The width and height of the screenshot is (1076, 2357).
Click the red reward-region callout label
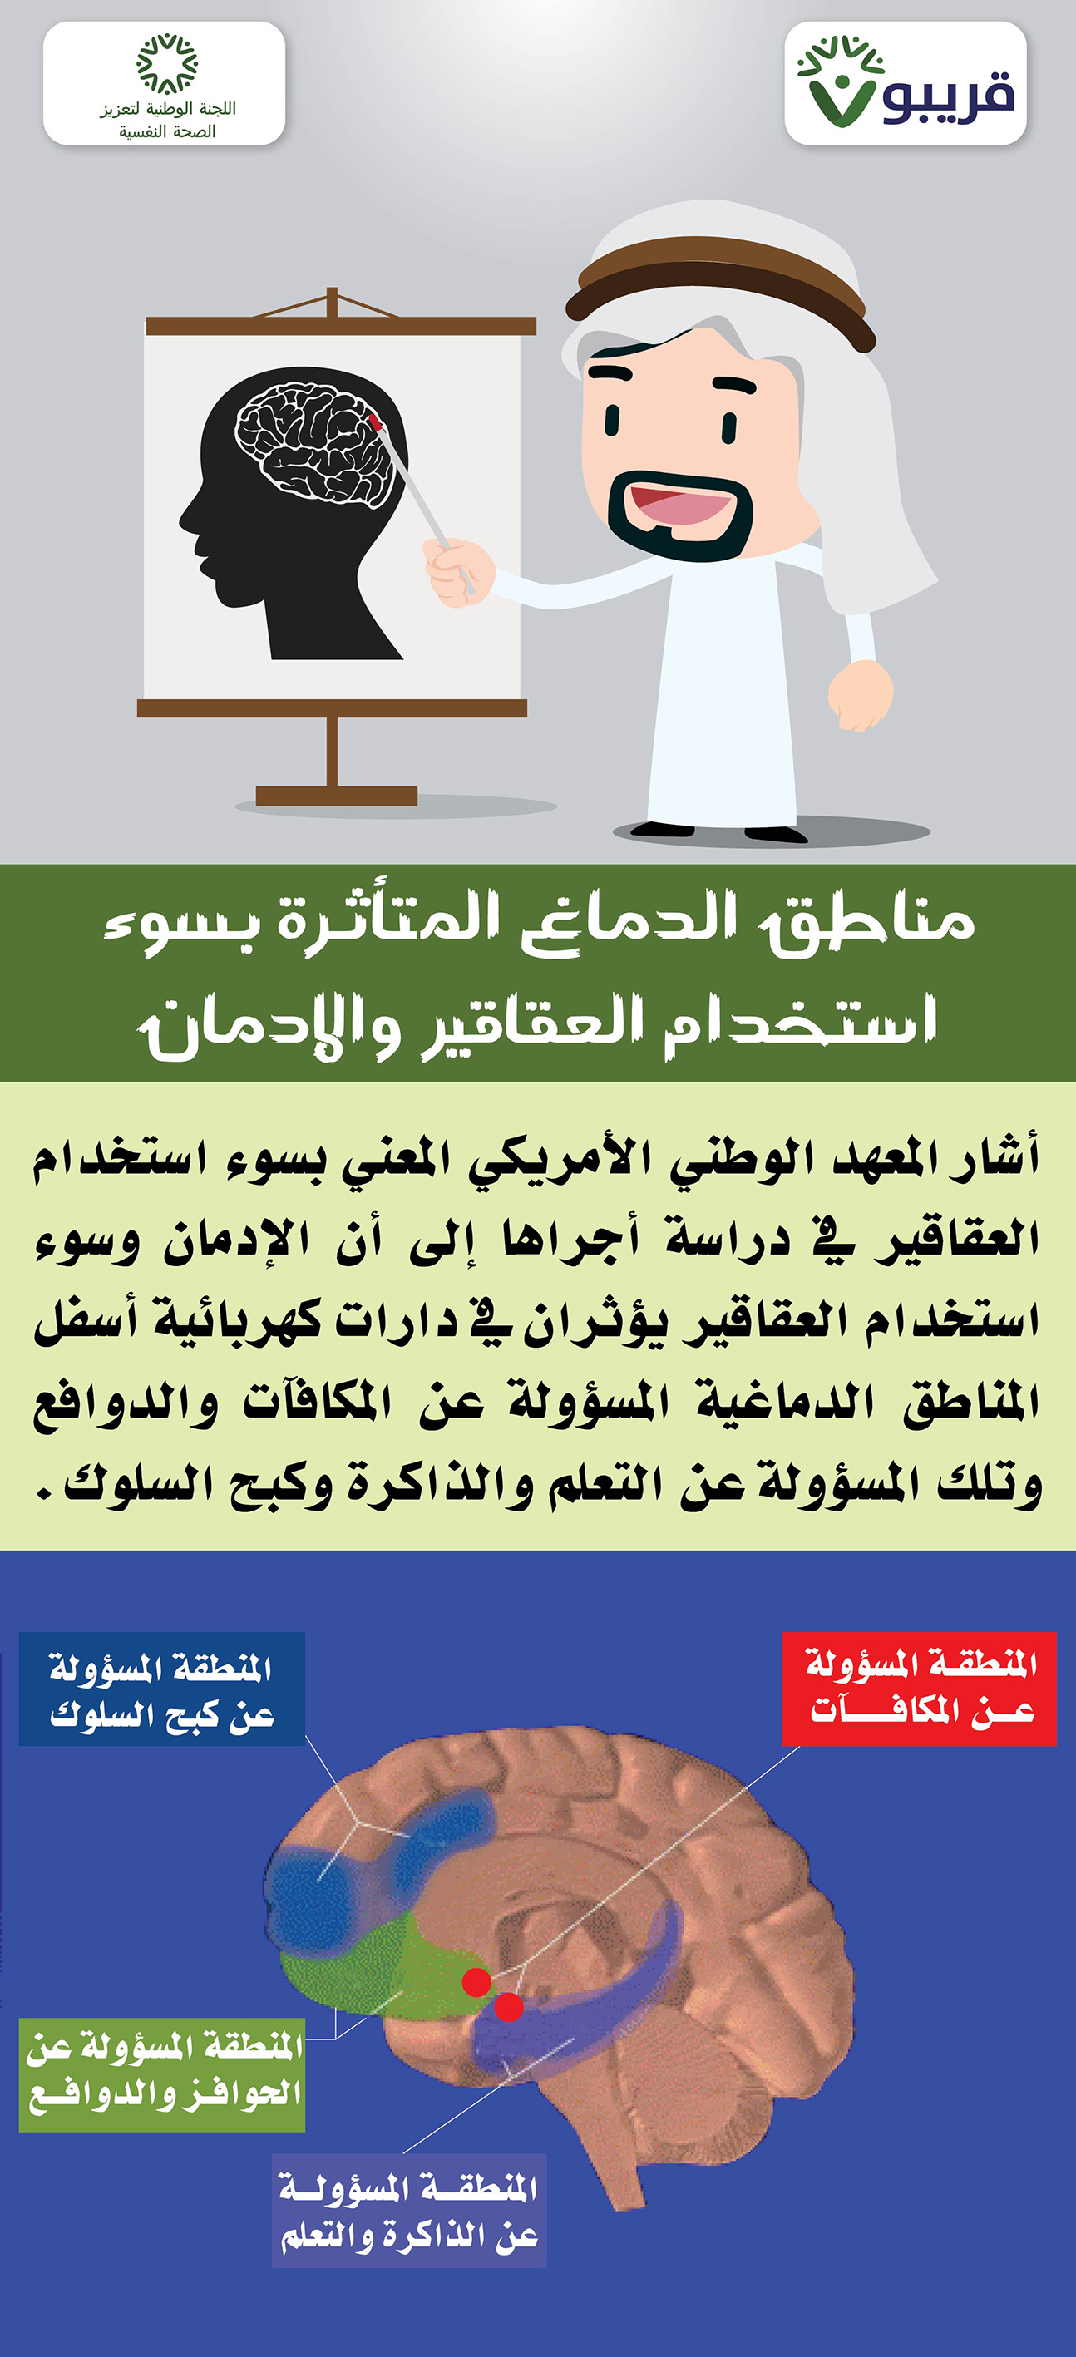[919, 1689]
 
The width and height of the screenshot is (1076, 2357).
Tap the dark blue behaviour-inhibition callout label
[162, 1689]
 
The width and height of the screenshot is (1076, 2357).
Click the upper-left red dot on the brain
[476, 1983]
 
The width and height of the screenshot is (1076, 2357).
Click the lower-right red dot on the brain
[509, 2006]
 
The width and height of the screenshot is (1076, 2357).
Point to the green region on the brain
[384, 1967]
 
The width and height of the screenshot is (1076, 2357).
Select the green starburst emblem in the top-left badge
[166, 64]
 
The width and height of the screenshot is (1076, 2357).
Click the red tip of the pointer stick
[374, 422]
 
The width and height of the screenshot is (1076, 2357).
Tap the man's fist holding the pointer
[458, 572]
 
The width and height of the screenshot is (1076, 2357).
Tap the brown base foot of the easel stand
[336, 795]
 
